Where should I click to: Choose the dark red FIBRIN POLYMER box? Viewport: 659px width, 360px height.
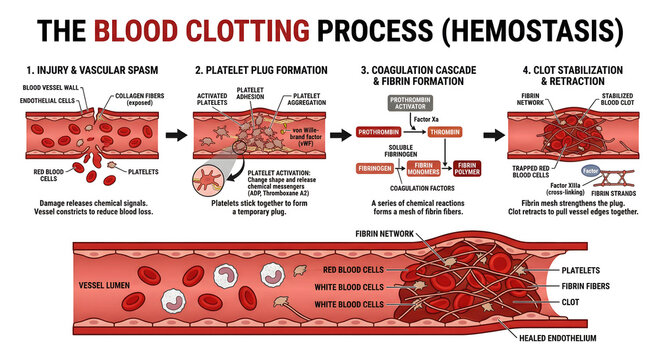click(466, 168)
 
